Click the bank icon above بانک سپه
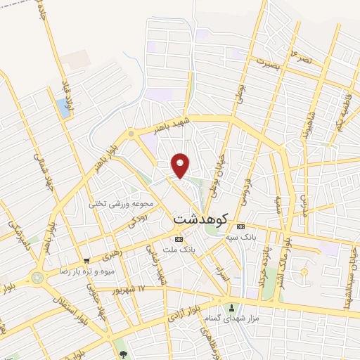point(241,226)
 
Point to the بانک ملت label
point(177,250)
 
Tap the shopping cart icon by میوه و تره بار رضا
point(86,259)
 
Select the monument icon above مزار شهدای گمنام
point(232,307)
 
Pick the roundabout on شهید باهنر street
point(131,133)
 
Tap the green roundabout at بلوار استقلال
point(37,277)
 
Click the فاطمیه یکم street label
point(341,109)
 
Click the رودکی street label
point(136,220)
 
